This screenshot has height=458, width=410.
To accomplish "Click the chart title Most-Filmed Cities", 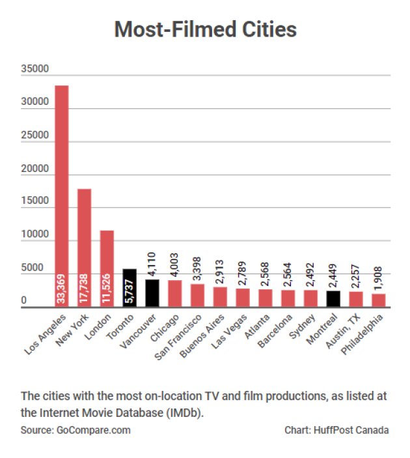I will (205, 29).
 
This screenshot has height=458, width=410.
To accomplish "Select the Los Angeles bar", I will (61, 195).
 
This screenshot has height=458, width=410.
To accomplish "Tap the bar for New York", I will (84, 248).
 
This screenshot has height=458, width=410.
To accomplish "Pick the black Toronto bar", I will (130, 287).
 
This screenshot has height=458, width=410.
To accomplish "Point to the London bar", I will (107, 268).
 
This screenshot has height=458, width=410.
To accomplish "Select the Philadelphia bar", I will (379, 300).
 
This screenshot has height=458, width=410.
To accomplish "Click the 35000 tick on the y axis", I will (34, 68).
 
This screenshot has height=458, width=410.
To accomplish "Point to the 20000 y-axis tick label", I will (34, 169).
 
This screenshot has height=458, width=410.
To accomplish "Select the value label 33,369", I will (62, 289).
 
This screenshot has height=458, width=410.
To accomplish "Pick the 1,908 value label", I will (379, 279).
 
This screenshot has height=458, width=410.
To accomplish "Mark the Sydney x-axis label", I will (303, 325).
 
